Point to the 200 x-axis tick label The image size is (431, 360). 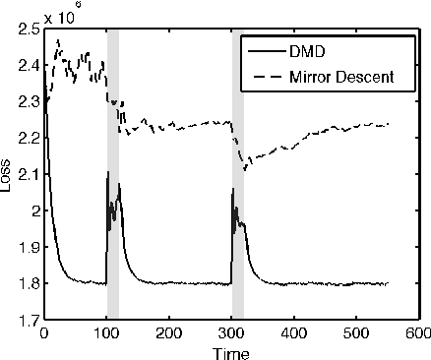(x=169, y=333)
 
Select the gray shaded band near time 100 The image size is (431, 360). (x=113, y=177)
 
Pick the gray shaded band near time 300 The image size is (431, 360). (x=238, y=177)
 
